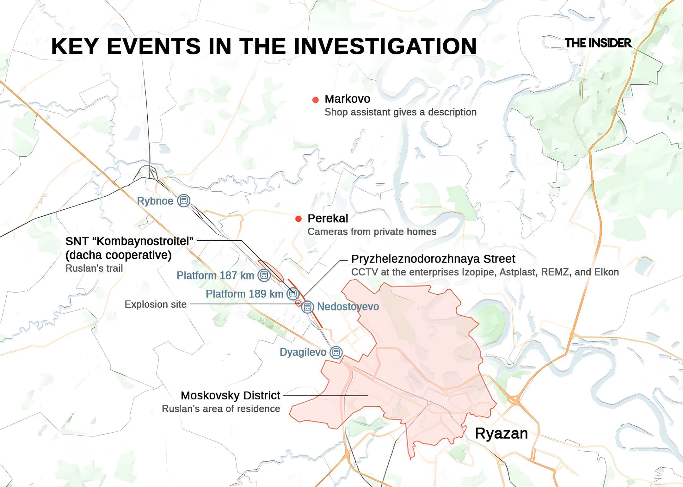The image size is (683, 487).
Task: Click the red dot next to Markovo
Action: (315, 100)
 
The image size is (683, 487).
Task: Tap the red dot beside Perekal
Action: (298, 219)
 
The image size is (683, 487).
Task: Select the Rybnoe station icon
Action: (183, 201)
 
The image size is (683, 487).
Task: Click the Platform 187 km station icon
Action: (264, 275)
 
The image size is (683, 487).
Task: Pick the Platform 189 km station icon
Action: (293, 294)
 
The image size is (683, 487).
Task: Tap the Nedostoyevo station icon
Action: (307, 307)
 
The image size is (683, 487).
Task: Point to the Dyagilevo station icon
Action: (336, 352)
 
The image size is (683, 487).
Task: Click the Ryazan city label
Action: (501, 433)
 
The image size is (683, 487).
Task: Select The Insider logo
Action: (598, 43)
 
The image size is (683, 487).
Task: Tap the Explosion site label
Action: (156, 304)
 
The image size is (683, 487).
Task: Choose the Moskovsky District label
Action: (230, 395)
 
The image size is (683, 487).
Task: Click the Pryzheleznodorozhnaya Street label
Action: (433, 259)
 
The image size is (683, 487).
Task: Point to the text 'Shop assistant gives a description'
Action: (400, 112)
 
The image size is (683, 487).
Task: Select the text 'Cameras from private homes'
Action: (372, 232)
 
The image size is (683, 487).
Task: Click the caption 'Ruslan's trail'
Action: (94, 268)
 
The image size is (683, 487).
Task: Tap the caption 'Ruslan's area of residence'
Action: (221, 409)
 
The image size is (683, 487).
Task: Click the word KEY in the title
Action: (75, 46)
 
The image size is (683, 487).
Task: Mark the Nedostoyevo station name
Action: (348, 306)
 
